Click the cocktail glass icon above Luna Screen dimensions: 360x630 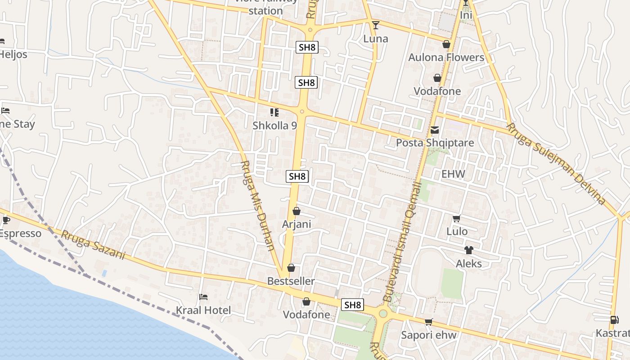click(x=376, y=25)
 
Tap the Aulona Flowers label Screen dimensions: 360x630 click(x=446, y=58)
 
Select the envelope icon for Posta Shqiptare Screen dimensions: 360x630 click(x=435, y=130)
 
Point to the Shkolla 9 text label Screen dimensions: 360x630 click(x=274, y=126)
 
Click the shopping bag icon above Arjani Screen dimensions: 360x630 click(x=297, y=211)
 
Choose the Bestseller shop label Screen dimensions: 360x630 click(x=291, y=281)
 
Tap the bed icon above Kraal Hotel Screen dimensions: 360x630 click(x=203, y=297)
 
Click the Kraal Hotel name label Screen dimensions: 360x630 click(x=203, y=310)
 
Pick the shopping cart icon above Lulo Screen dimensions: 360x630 click(x=457, y=219)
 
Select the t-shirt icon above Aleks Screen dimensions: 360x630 click(x=469, y=250)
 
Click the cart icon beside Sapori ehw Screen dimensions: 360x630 click(x=429, y=322)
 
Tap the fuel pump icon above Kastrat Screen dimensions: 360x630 click(x=614, y=320)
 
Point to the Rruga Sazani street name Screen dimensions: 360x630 click(x=93, y=245)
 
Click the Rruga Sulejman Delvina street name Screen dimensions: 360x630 click(x=556, y=163)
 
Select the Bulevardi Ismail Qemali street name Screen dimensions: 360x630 click(x=402, y=241)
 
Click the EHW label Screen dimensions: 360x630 click(x=453, y=174)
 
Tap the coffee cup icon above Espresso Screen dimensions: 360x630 click(x=6, y=220)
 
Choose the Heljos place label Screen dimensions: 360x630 click(x=13, y=54)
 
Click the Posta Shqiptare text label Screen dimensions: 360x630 click(x=435, y=143)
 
